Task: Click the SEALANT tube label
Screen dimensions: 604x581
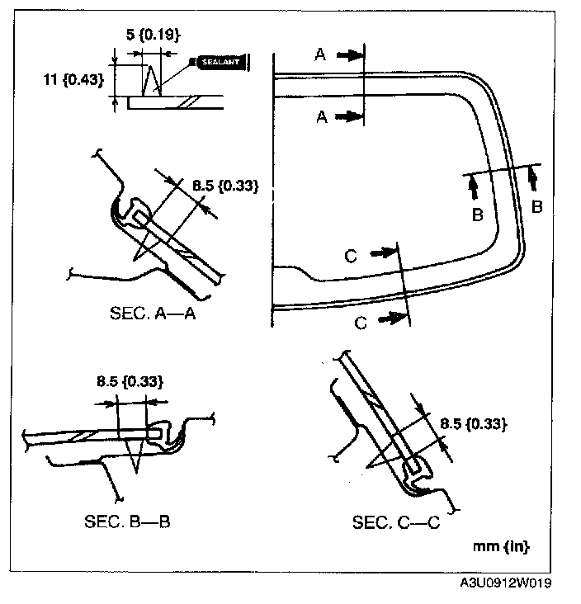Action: [219, 61]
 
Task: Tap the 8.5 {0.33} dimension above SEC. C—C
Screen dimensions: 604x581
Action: [473, 424]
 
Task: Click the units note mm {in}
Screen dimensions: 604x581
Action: [501, 546]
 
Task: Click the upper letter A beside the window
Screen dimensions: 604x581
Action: [320, 55]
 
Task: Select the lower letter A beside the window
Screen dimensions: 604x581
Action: [322, 118]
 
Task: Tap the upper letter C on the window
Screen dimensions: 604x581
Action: [350, 257]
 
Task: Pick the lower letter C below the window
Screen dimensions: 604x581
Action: [360, 323]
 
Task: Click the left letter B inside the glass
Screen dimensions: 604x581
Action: [476, 215]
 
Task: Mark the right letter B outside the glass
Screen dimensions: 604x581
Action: [536, 207]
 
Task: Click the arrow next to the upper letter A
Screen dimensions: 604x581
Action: [349, 55]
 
